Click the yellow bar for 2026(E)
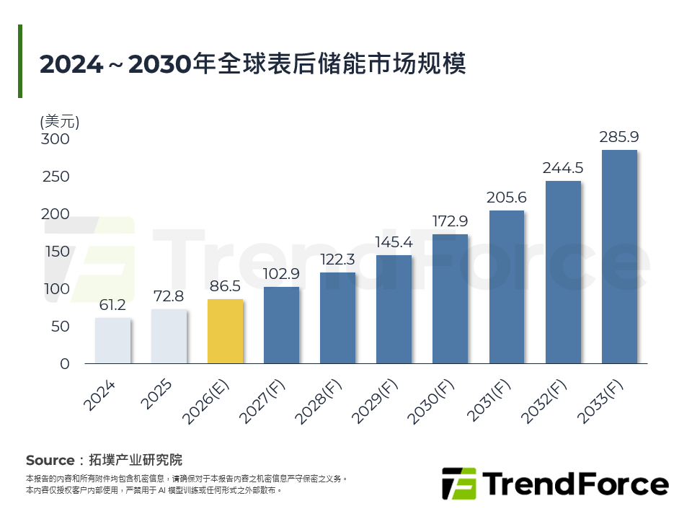coord(225,332)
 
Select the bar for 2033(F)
coord(619,257)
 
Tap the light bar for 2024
coord(112,341)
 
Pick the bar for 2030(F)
coord(450,298)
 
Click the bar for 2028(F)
coord(337,318)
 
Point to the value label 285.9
coord(619,137)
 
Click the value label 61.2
coord(112,306)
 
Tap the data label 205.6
coord(506,198)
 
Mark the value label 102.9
coord(281,275)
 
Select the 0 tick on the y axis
coord(65,364)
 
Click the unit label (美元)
coord(60,121)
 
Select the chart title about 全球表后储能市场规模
coord(253,63)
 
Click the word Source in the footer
coord(50,460)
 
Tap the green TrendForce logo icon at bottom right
coord(458,484)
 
